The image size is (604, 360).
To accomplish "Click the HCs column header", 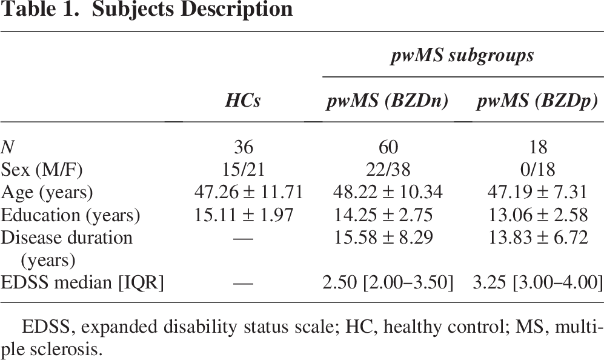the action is tap(243, 101).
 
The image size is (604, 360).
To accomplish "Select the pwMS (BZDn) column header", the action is tap(388, 102).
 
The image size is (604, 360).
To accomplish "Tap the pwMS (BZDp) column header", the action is tap(537, 102).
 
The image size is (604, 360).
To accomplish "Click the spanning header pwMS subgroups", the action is tap(462, 56).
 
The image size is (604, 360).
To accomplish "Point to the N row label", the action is tap(7, 147).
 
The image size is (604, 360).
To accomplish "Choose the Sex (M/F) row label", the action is tap(42, 170).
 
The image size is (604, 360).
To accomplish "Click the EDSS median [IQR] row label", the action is tap(82, 283).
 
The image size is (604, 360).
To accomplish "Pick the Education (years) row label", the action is tap(70, 215).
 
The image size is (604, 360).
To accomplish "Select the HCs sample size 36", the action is tap(244, 147).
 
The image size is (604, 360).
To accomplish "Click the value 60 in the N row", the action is tap(388, 147).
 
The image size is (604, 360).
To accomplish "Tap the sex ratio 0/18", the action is tap(538, 170).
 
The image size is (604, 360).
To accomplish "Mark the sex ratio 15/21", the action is tap(244, 170).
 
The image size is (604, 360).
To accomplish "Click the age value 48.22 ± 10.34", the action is tap(388, 192).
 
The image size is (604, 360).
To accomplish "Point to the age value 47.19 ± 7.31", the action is tap(538, 192).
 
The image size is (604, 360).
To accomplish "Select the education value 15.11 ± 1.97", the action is tap(244, 215).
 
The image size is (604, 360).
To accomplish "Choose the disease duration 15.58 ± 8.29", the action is tap(383, 238).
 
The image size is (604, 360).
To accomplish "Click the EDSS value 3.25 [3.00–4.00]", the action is tap(538, 283).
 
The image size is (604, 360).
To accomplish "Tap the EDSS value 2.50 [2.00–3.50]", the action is tap(388, 283).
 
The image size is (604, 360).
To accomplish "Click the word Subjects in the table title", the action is tap(133, 10).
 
